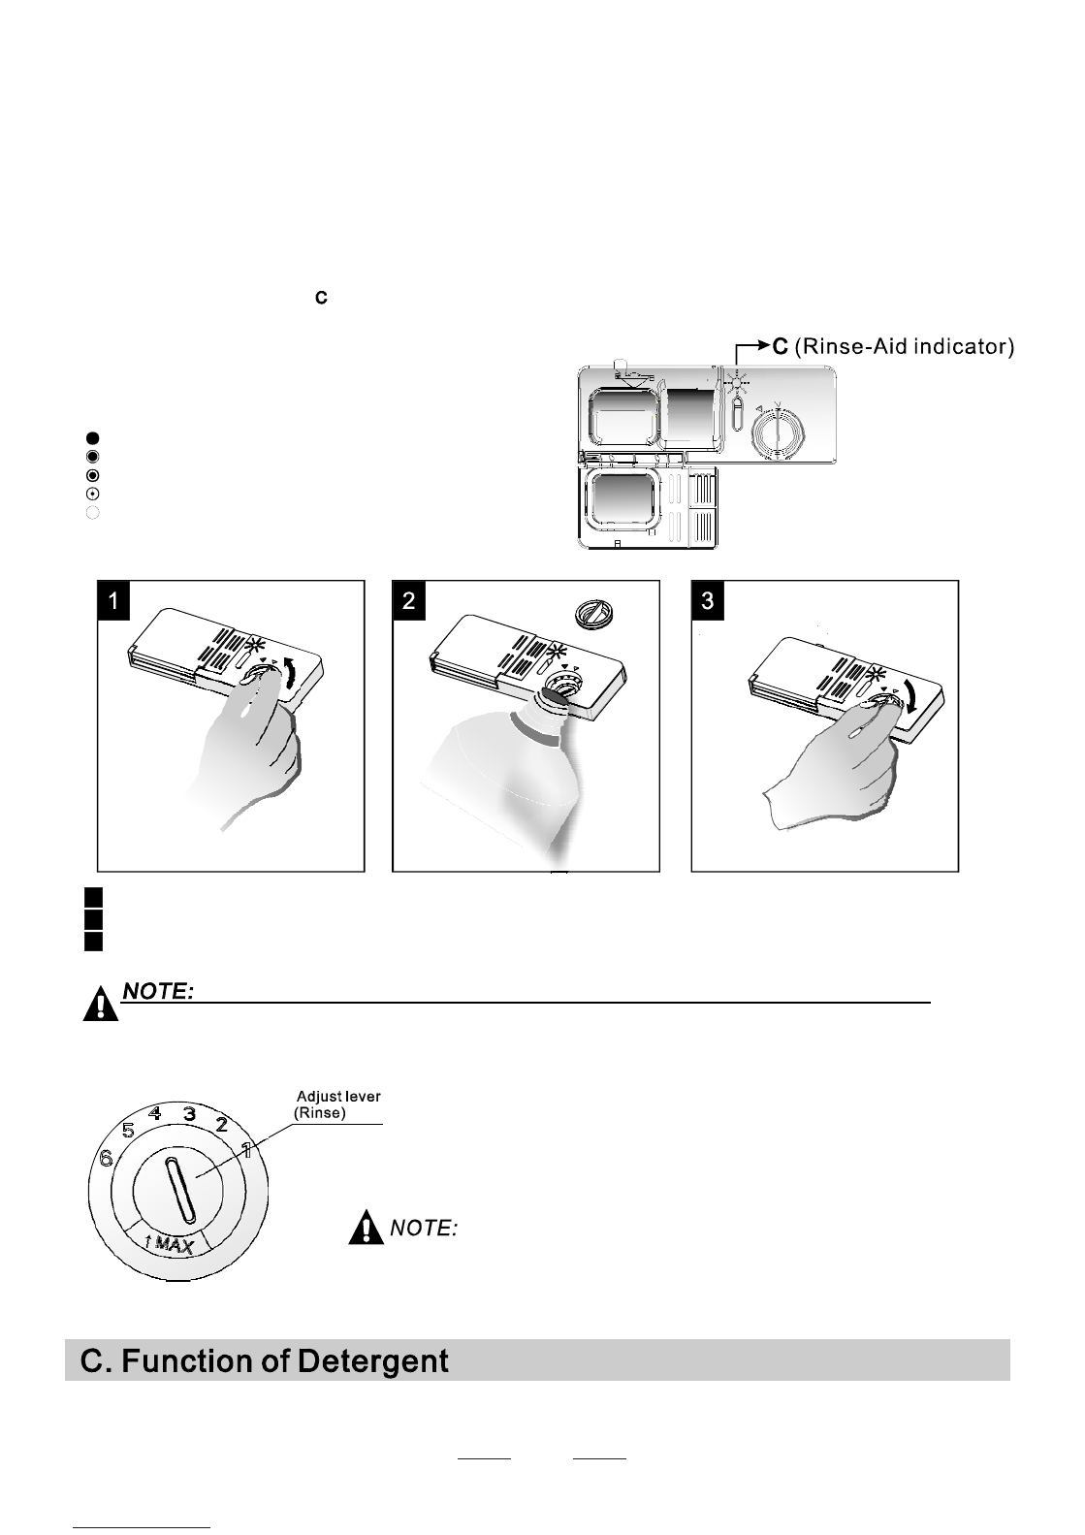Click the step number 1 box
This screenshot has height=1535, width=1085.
113,600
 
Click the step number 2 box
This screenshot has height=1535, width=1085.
408,600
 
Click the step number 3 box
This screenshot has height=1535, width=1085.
708,600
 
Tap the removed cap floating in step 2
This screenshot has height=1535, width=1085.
592,612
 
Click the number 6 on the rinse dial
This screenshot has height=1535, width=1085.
107,1158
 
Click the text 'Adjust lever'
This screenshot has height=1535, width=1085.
337,1096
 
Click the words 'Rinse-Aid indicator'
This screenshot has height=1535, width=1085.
904,347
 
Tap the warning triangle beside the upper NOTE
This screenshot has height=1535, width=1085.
101,1004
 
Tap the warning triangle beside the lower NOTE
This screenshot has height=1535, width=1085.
366,1228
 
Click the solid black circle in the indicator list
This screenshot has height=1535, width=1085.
92,438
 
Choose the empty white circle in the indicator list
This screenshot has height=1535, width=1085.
92,513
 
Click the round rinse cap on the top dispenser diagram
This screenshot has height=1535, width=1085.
778,433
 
